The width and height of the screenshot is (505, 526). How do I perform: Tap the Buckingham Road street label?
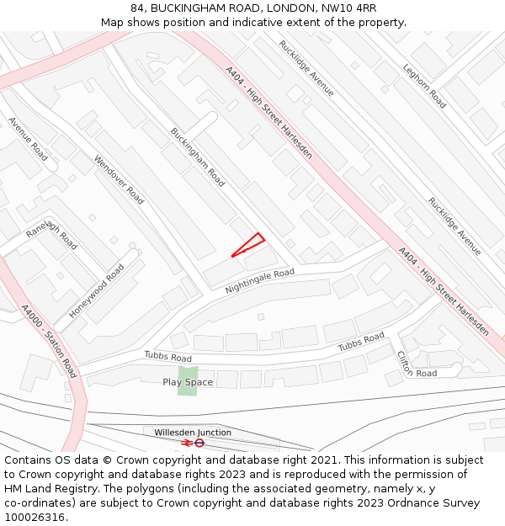point(198,157)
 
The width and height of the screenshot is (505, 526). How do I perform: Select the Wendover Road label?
point(119,179)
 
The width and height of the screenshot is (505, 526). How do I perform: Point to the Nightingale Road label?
point(259,281)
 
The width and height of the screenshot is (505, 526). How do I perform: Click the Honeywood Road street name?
point(97,290)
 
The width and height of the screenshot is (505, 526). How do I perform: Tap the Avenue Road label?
point(28,139)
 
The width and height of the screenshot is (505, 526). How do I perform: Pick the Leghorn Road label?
point(424,86)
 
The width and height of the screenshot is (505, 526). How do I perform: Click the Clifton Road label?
point(416,364)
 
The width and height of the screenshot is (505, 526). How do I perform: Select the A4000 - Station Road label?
point(48,341)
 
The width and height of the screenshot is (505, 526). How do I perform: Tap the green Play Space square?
point(188,380)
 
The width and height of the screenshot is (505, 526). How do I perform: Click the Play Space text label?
point(188,382)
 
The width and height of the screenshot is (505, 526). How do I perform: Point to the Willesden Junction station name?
point(193,433)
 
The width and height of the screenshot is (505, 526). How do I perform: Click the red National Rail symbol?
point(186,443)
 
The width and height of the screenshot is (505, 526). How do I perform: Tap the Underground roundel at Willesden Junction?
point(199,443)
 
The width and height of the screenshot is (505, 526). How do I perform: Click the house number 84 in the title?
point(137,8)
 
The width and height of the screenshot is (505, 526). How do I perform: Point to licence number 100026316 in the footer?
point(36,518)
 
